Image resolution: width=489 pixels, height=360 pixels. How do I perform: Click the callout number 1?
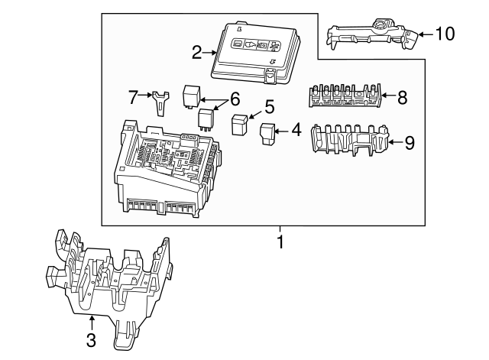click(280, 243)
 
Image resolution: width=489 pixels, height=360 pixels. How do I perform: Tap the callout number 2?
click(197, 52)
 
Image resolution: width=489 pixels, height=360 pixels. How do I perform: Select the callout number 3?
click(91, 341)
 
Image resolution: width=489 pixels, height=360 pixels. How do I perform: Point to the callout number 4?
click(296, 131)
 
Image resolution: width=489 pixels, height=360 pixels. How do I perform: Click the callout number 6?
click(235, 99)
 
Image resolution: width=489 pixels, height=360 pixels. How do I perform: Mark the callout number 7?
click(134, 97)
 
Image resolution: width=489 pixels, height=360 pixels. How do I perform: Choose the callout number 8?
click(403, 96)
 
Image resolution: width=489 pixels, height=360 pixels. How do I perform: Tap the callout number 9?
click(409, 142)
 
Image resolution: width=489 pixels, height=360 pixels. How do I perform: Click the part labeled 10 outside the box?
click(371, 34)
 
